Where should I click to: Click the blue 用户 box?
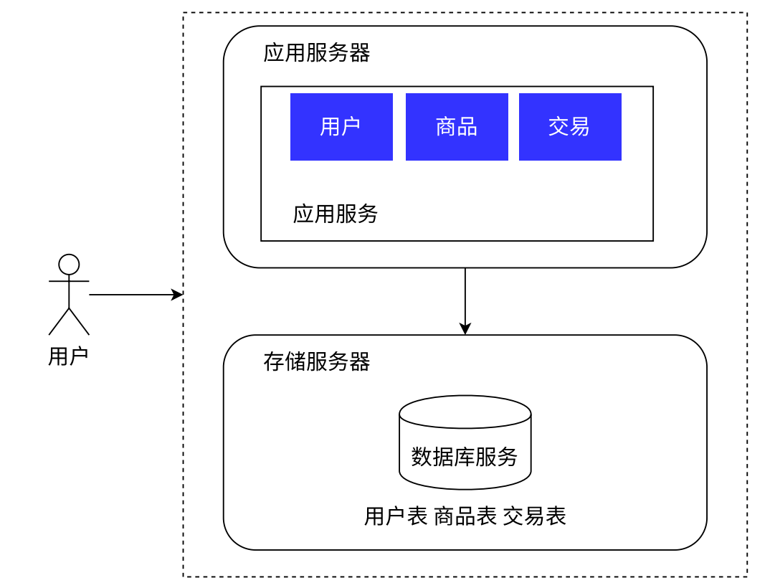point(341,127)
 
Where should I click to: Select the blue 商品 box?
point(457,127)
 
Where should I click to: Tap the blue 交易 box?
point(570,127)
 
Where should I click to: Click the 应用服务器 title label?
point(316,53)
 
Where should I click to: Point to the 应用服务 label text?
point(335,214)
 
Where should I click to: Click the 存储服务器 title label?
point(316,362)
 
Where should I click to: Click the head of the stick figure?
point(69,265)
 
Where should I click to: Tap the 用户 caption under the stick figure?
point(68,356)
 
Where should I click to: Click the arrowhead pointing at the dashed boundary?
point(179,295)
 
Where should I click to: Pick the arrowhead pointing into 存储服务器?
point(465,329)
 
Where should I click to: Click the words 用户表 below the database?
point(396,516)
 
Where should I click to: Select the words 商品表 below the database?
point(465,516)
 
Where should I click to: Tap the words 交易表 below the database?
point(534,516)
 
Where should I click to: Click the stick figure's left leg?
point(59,322)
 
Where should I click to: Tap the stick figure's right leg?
point(79,322)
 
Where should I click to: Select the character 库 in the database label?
point(465,457)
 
